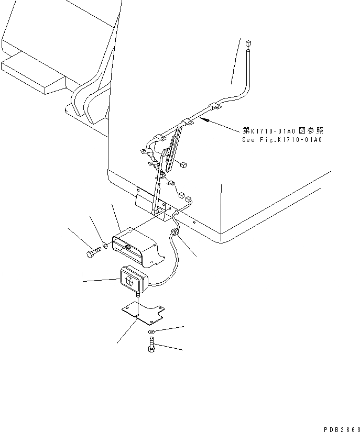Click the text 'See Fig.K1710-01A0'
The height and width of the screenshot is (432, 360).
[282, 140]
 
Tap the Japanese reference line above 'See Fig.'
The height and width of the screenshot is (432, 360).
[282, 131]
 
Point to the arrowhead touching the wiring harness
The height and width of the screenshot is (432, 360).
[206, 120]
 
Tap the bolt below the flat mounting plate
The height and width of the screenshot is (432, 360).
[151, 346]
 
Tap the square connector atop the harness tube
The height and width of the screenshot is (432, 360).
[248, 42]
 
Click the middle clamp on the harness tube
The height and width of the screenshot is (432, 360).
[187, 124]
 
